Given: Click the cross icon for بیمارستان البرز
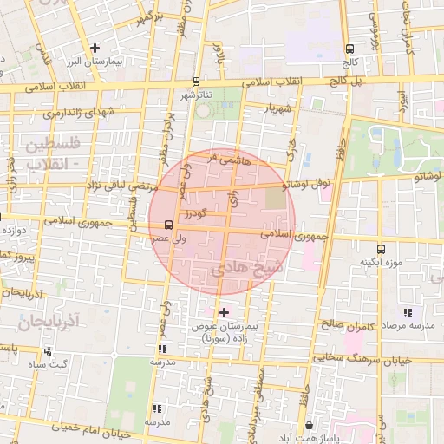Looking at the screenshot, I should [95, 49].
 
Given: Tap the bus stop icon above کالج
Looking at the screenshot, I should [350, 49].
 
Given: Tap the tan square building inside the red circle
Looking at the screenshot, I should [274, 199].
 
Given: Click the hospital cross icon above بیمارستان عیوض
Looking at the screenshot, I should [224, 312].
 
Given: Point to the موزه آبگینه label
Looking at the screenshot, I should [378, 261].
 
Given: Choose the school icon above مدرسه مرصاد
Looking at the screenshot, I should [406, 312].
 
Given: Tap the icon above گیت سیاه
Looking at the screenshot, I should [48, 351].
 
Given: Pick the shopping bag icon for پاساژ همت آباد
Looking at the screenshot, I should [310, 425].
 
